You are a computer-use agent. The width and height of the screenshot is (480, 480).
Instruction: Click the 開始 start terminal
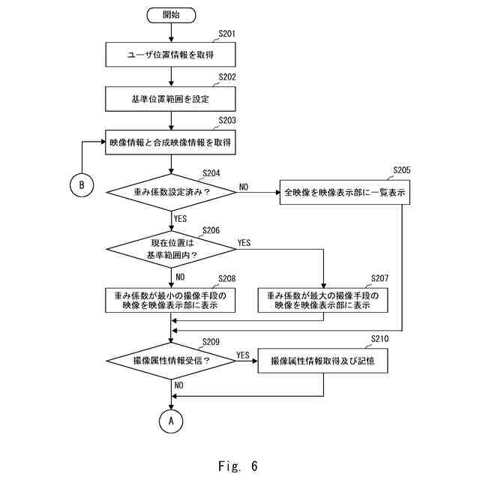pos(171,14)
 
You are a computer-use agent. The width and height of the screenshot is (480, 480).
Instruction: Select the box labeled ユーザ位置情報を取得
pos(171,54)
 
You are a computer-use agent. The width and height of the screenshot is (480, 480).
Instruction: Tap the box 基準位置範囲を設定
pos(171,97)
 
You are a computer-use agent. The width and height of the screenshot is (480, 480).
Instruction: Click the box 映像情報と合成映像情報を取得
pos(171,142)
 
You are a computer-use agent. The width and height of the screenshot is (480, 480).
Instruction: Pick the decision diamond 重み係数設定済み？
pos(171,192)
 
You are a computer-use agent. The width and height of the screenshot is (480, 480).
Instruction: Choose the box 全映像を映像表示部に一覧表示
pos(346,192)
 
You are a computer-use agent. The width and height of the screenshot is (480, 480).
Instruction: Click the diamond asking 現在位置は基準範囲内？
pos(171,249)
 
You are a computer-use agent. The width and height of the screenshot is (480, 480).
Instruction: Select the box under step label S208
pos(171,301)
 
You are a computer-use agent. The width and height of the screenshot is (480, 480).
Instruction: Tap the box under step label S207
pos(323,301)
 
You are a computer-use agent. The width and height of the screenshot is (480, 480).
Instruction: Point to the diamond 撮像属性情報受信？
pos(171,361)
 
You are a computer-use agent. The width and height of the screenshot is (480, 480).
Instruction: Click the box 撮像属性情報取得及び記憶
pos(322,361)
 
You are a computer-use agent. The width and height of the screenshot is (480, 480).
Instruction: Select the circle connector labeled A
pos(171,421)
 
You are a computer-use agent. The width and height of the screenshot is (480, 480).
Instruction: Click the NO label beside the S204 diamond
pos(244,186)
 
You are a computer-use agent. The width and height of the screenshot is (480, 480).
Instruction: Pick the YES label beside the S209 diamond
pos(243,355)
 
